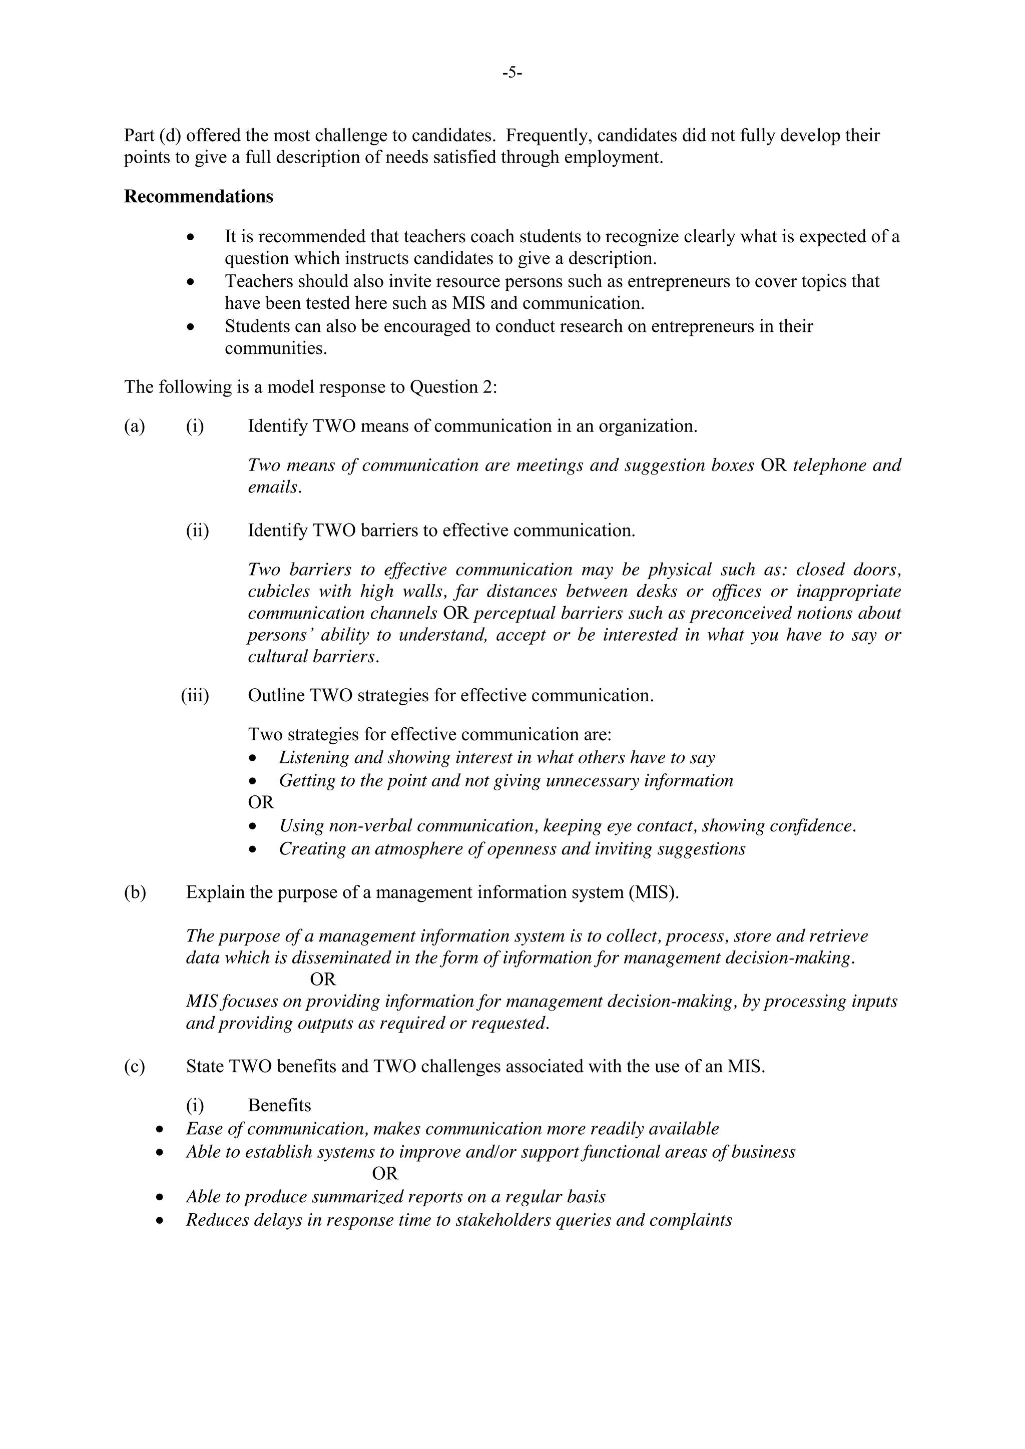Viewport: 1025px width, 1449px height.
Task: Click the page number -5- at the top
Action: pos(512,73)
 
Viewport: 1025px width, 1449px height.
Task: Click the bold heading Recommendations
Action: pos(198,197)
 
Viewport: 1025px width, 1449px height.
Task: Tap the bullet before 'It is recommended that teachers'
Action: pos(191,238)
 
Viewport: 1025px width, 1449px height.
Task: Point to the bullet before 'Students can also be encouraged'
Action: pos(191,327)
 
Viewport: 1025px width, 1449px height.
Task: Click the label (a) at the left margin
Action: pos(135,426)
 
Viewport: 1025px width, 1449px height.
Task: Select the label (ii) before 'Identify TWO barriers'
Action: pos(197,530)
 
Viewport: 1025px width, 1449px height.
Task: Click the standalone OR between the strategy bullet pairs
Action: pos(261,802)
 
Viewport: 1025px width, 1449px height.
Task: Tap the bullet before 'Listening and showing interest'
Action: pos(253,759)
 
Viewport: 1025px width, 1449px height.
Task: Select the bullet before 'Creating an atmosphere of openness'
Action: pos(253,850)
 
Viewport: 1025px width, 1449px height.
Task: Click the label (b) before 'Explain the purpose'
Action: pos(135,892)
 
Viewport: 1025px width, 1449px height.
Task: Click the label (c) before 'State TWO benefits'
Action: pos(135,1067)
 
